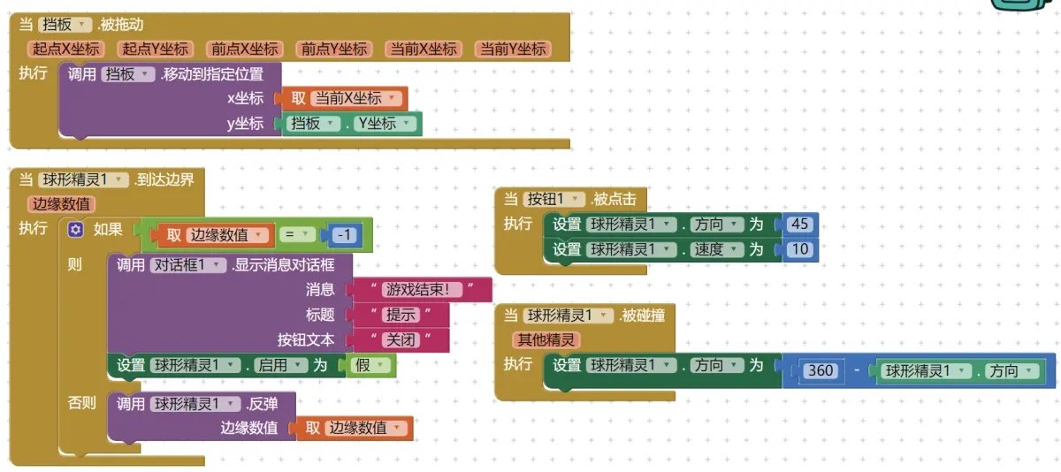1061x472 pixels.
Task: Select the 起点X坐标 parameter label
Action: tap(66, 49)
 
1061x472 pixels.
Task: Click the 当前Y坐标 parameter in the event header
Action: tap(512, 49)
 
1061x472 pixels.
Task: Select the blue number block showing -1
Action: tap(346, 235)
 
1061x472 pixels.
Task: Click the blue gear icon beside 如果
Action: tap(75, 230)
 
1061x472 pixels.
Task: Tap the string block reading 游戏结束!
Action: tap(423, 289)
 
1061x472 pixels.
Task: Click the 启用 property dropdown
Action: tap(280, 365)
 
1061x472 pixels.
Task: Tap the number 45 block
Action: tap(799, 225)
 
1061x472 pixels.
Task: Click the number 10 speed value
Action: tap(799, 249)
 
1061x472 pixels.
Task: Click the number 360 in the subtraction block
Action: tap(821, 371)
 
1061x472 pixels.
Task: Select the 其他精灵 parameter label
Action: tap(546, 339)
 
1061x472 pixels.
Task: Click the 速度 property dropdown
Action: tap(716, 249)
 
